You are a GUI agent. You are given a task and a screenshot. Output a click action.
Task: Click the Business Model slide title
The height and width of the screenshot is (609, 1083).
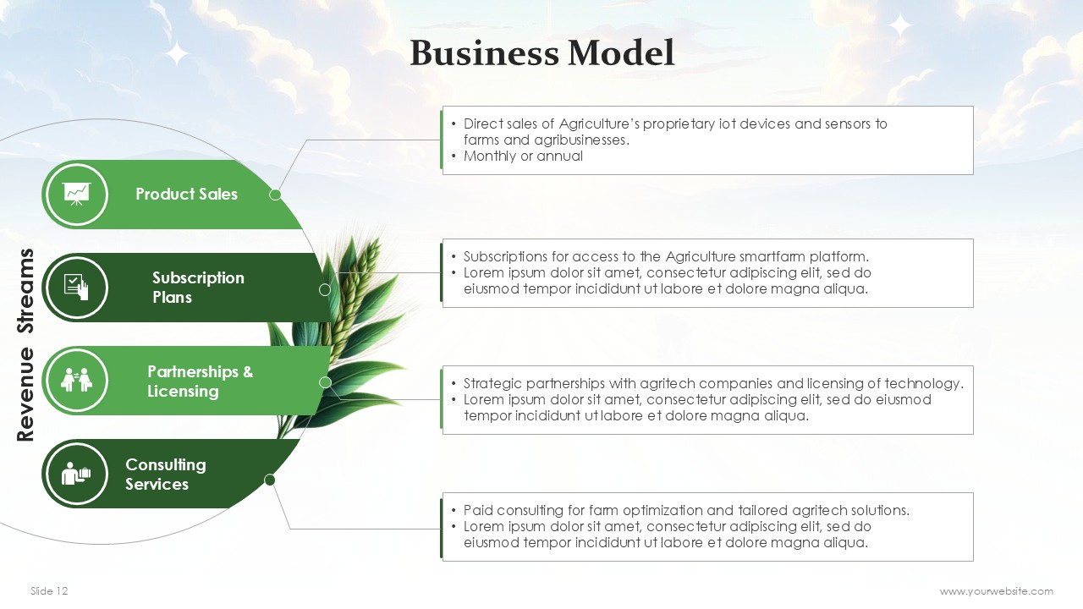542,52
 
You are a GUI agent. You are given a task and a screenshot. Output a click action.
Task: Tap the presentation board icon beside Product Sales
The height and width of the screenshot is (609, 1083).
76,195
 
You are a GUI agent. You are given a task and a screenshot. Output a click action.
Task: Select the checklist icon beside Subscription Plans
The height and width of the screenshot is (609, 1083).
76,287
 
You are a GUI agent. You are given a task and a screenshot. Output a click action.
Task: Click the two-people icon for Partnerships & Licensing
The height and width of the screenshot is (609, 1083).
76,380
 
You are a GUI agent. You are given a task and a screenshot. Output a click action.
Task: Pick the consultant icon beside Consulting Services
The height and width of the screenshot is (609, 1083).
76,473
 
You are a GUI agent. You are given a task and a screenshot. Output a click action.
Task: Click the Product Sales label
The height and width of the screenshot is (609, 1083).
187,194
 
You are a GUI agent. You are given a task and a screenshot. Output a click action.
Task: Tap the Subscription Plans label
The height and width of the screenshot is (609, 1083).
198,287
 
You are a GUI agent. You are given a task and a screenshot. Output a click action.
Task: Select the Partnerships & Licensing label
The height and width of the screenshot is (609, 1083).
201,381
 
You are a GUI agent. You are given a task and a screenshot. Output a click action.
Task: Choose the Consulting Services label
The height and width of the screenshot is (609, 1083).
165,475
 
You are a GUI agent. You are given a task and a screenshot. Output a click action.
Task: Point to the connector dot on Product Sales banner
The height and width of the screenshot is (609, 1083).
275,195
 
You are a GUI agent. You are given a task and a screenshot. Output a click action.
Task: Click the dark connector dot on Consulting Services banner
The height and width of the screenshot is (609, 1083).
270,480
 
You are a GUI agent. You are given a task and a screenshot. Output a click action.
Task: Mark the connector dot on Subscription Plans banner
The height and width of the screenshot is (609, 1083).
325,290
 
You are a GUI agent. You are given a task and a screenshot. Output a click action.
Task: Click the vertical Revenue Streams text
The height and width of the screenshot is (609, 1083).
25,344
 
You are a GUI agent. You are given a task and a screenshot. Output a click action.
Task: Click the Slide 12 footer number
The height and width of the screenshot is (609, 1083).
49,591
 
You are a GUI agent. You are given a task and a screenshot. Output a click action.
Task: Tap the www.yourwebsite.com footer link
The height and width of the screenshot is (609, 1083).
997,591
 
